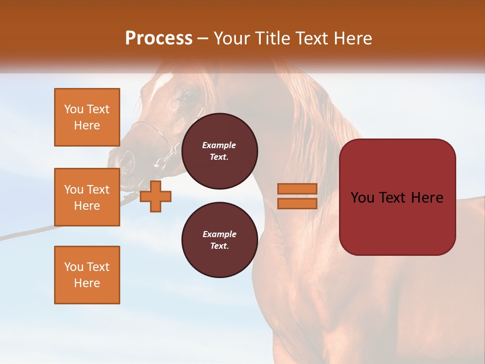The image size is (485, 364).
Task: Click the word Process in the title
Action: pyautogui.click(x=159, y=38)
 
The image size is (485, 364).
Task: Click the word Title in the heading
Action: pyautogui.click(x=272, y=38)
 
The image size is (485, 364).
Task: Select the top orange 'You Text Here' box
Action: pyautogui.click(x=87, y=117)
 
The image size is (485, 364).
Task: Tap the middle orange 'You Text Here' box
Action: pyautogui.click(x=87, y=197)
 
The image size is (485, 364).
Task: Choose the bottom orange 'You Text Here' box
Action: pyautogui.click(x=87, y=275)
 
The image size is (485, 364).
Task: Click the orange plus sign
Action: pyautogui.click(x=156, y=197)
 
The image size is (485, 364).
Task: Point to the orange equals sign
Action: pyautogui.click(x=297, y=196)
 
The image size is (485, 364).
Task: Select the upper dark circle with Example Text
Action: pyautogui.click(x=219, y=151)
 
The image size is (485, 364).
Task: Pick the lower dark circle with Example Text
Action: pyautogui.click(x=219, y=240)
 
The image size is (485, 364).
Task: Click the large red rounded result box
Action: pyautogui.click(x=397, y=197)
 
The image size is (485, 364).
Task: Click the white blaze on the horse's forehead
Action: pyautogui.click(x=163, y=81)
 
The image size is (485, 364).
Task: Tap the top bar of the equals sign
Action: pyautogui.click(x=297, y=189)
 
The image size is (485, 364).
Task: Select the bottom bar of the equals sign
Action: pyautogui.click(x=297, y=204)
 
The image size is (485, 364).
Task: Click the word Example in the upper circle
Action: pyautogui.click(x=219, y=145)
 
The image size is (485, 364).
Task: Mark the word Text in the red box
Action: pyautogui.click(x=397, y=198)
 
